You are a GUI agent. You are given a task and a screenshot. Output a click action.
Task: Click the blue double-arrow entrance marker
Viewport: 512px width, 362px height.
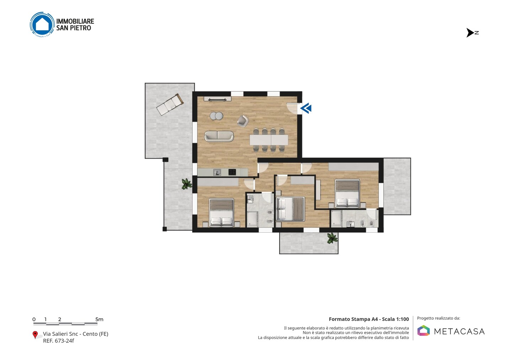click(306, 108)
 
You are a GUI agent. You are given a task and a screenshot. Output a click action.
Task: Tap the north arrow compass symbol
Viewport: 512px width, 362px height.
click(470, 33)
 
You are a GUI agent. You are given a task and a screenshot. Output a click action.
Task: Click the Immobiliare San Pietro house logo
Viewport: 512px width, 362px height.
click(42, 24)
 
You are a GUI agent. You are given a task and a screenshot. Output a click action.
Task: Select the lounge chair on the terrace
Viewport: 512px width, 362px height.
click(170, 105)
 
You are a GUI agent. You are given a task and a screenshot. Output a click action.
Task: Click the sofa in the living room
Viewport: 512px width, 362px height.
click(219, 136)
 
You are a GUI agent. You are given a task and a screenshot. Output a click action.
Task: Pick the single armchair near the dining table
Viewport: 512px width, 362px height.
click(243, 121)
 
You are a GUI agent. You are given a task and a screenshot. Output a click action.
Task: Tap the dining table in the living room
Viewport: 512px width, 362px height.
click(269, 140)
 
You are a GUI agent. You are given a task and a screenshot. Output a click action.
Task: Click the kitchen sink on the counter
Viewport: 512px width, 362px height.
click(217, 172)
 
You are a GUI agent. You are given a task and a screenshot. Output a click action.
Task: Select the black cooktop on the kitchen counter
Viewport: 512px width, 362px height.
click(232, 172)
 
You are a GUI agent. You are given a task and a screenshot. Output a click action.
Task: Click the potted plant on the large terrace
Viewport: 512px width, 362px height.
click(187, 184)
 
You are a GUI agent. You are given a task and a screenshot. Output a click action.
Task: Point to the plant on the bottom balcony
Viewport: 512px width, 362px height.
click(332, 238)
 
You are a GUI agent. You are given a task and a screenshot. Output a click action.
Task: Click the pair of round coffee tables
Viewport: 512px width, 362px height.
click(217, 116)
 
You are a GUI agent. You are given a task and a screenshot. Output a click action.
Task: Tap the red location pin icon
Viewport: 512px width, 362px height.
click(35, 335)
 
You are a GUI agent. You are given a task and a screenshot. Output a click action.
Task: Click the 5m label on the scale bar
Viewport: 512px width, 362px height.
click(100, 319)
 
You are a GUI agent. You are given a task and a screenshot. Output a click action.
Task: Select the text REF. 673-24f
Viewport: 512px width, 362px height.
click(59, 341)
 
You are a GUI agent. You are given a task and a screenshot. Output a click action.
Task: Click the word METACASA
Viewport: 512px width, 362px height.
click(459, 332)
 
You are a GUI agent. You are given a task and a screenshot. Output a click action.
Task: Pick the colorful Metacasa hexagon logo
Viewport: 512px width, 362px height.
click(423, 330)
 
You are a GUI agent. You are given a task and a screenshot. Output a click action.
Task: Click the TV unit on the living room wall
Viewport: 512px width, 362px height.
click(217, 99)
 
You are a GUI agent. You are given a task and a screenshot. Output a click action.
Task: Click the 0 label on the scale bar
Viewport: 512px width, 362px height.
click(34, 319)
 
